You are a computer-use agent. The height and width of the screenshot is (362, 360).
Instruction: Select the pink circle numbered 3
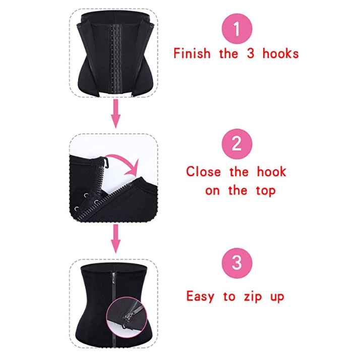pos(236,264)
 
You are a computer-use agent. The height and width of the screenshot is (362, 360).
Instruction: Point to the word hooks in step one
pos(280,54)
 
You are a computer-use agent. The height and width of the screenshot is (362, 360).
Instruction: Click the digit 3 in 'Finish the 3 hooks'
pos(251,54)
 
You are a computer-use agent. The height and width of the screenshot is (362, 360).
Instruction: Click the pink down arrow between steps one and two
pos(116,114)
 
